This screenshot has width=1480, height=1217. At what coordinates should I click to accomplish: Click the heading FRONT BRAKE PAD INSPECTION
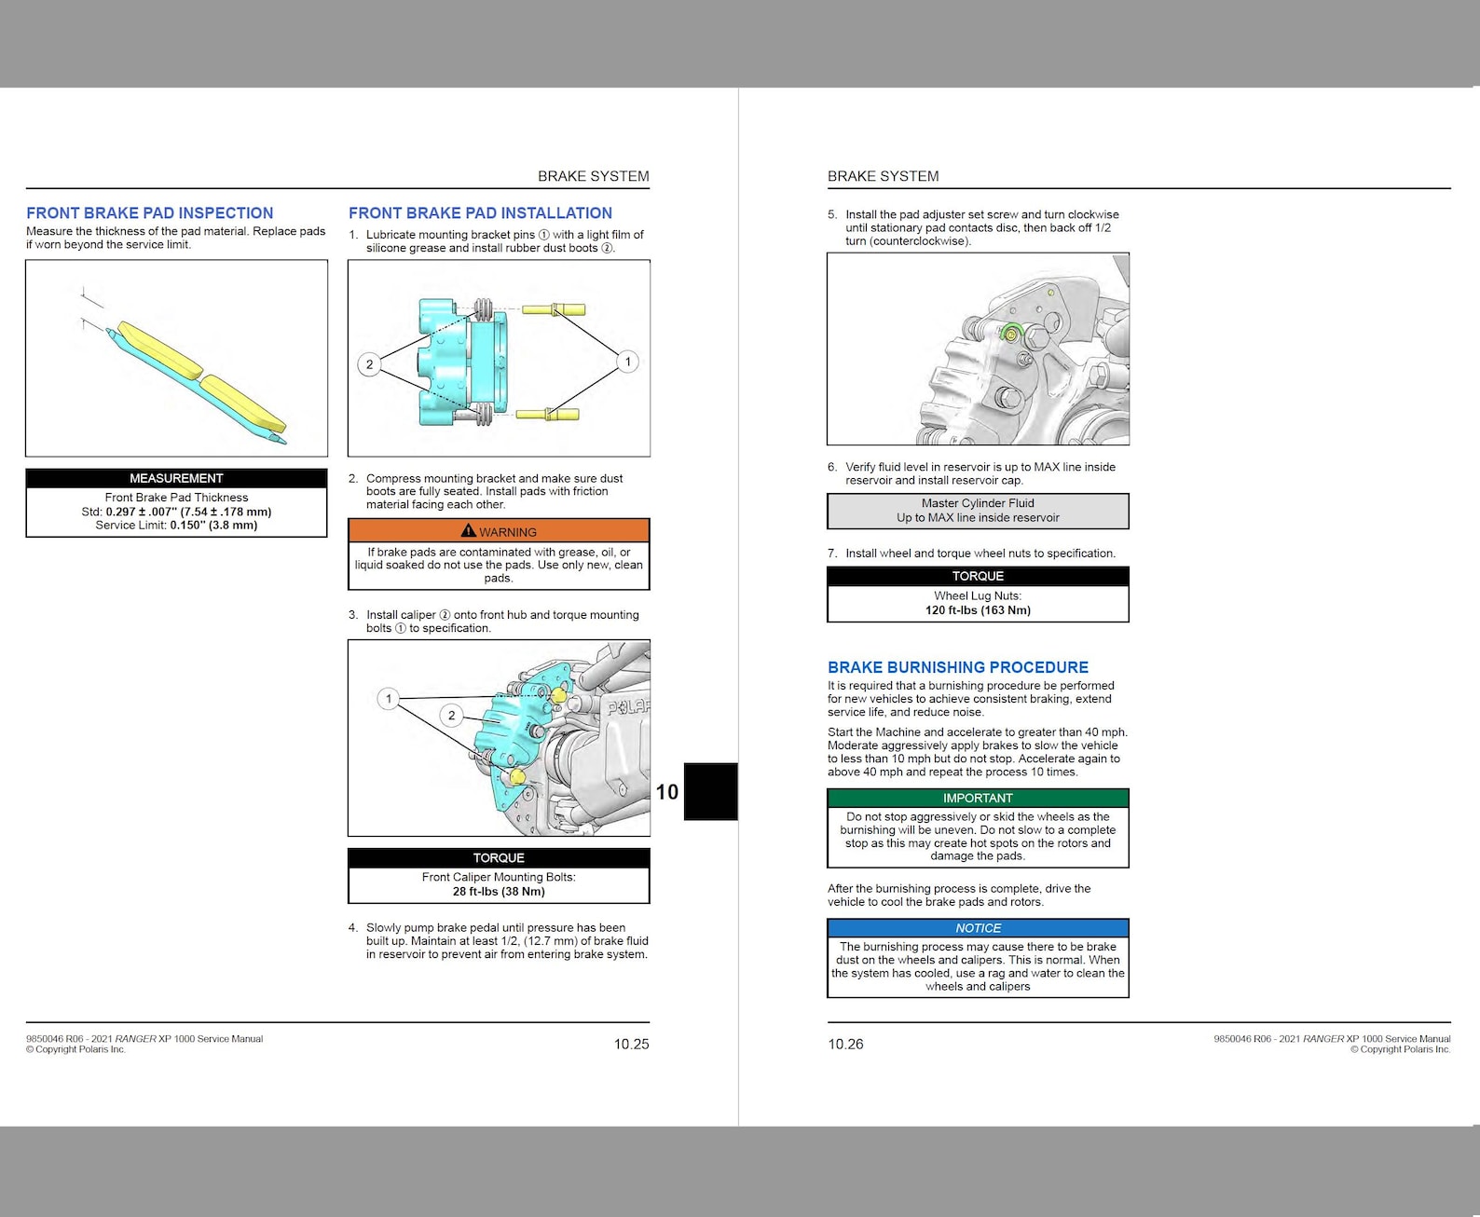[149, 213]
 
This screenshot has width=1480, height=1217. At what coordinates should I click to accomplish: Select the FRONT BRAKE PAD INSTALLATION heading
[480, 213]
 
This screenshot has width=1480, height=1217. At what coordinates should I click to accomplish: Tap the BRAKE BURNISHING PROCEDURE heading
[957, 667]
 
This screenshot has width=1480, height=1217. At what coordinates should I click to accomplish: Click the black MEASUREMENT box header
[176, 478]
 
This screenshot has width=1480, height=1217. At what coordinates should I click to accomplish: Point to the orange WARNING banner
[499, 531]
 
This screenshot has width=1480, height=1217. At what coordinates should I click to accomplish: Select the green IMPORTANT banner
[977, 798]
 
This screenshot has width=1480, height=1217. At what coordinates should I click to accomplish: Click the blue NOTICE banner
[977, 928]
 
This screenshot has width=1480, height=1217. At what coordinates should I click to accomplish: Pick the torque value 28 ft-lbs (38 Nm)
[499, 892]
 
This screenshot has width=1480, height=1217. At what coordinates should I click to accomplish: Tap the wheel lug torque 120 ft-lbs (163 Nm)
[977, 610]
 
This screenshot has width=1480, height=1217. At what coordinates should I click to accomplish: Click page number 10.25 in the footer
[631, 1044]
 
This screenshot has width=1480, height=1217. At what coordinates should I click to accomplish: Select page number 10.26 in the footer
[845, 1044]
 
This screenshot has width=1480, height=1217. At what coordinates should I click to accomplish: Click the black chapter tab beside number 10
[710, 791]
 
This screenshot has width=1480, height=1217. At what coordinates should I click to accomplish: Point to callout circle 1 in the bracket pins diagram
[627, 362]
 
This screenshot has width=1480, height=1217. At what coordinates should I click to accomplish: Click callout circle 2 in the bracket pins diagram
[369, 364]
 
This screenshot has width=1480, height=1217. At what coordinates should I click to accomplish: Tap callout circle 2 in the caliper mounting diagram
[451, 716]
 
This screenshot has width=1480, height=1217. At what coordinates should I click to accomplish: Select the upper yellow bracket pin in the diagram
[554, 309]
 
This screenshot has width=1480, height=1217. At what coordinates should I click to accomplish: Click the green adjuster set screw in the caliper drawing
[1011, 332]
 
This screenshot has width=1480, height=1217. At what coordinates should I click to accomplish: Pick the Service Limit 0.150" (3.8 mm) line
[176, 526]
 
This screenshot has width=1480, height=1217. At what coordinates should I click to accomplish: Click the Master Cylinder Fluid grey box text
[977, 510]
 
